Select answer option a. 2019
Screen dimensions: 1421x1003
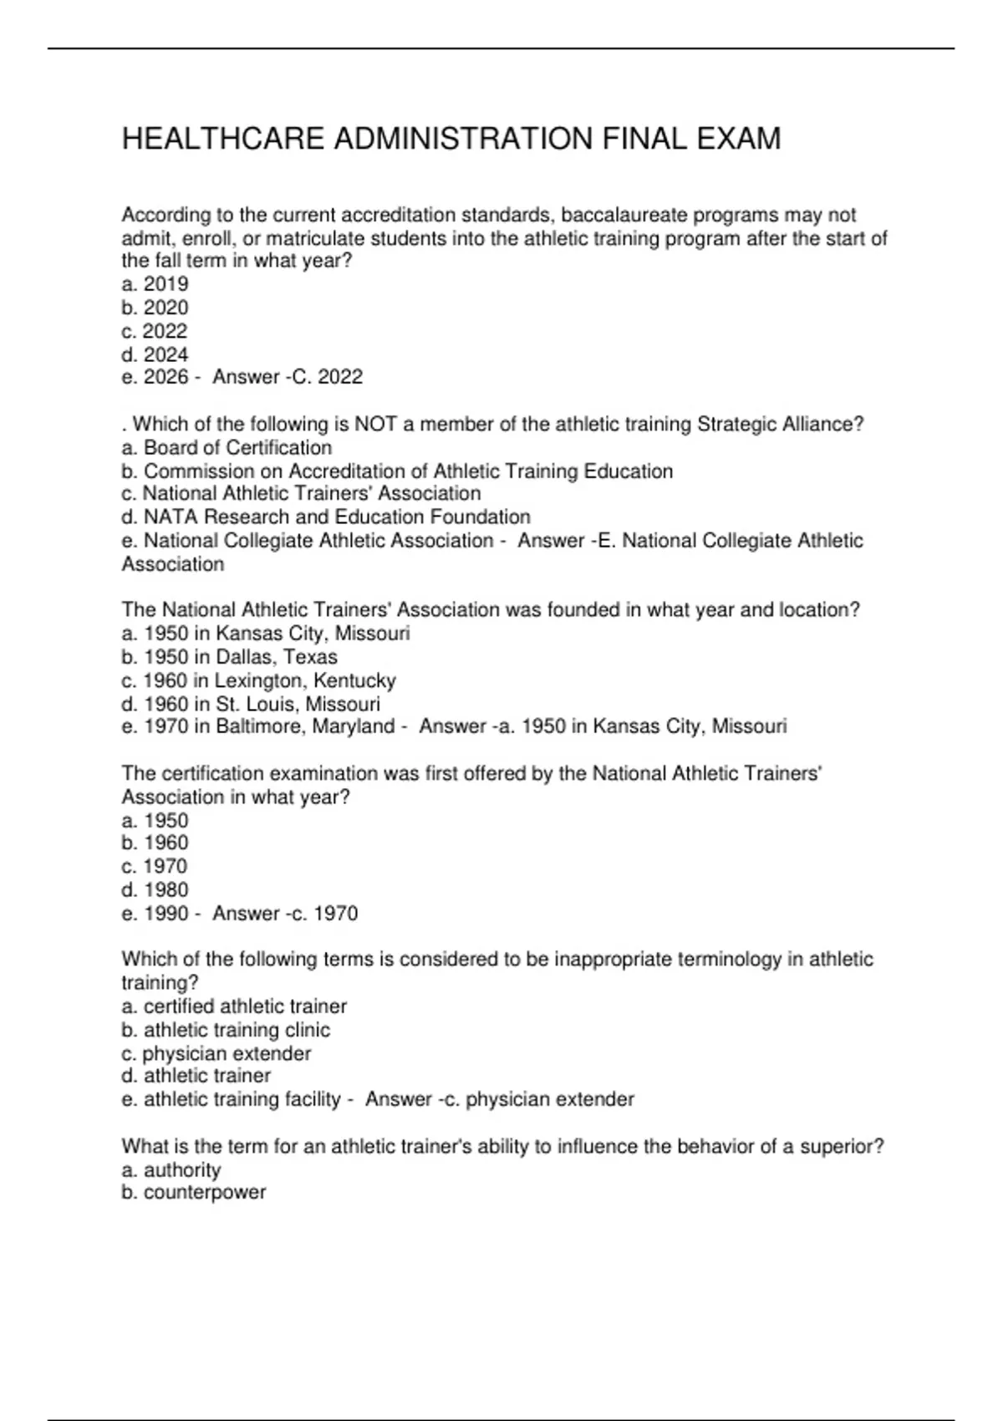155,284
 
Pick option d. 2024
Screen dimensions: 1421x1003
155,354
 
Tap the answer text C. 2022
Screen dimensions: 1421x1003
332,377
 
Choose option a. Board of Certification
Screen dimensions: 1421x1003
227,447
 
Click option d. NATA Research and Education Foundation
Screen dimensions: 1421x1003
326,517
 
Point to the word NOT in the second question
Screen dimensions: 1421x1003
375,425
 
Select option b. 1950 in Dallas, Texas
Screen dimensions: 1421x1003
230,657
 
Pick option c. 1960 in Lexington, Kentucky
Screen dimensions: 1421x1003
259,680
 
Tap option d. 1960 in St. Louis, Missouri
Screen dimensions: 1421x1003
251,704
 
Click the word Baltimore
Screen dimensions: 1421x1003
261,726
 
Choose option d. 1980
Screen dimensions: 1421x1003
155,889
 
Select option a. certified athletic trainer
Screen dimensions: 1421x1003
234,1006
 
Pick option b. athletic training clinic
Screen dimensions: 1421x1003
226,1030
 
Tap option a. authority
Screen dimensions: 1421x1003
171,1170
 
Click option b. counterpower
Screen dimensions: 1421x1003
194,1193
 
